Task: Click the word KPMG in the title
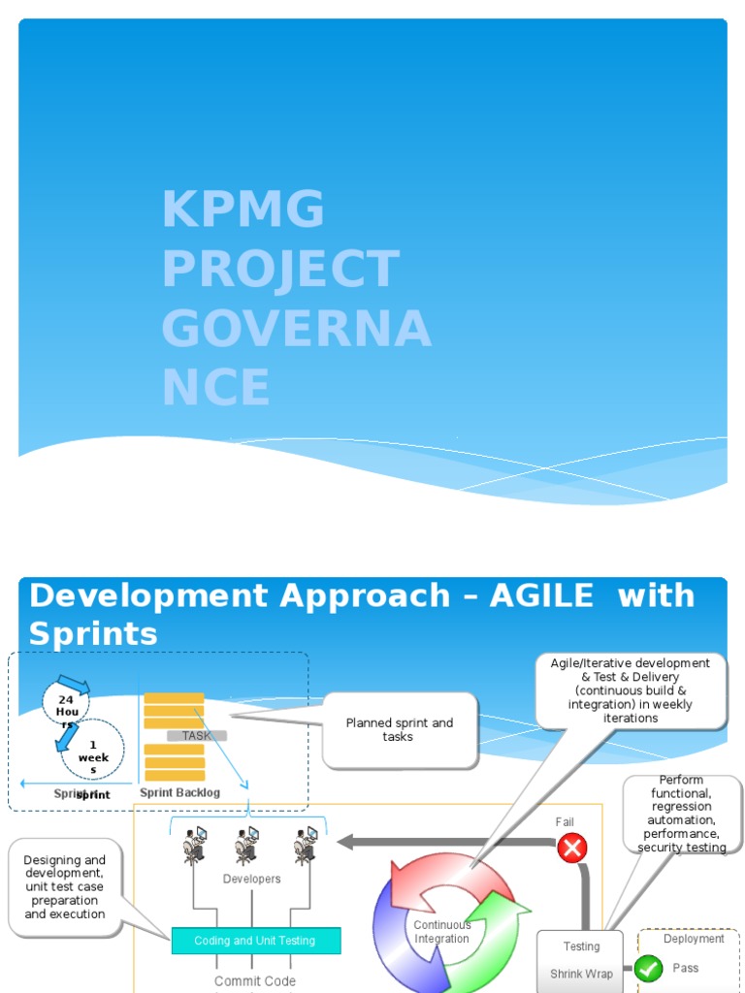pos(243,209)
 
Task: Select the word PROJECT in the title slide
pos(280,269)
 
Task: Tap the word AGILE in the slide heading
pos(541,595)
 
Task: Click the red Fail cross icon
pos(572,849)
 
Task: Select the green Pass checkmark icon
pos(649,968)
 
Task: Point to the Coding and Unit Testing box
pos(255,941)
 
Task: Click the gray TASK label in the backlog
pos(196,736)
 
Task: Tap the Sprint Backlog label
pos(179,792)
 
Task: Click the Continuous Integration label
pos(441,932)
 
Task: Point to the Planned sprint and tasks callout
pos(399,730)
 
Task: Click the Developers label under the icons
pos(251,879)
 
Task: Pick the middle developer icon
pos(246,846)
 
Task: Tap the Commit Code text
pos(254,981)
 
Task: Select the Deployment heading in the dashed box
pos(694,939)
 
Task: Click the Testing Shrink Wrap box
pos(581,960)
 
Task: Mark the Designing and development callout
pos(65,886)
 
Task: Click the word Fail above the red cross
pos(565,822)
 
